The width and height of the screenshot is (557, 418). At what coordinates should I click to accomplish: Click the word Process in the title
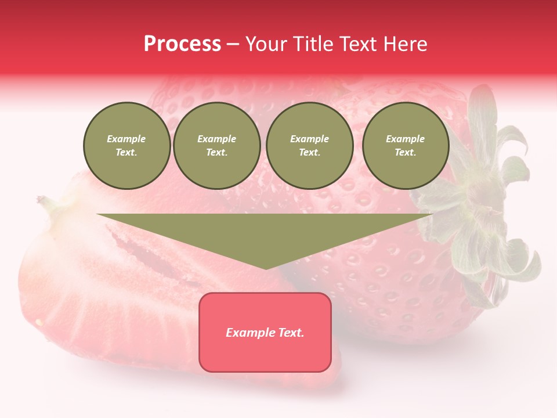click(x=182, y=44)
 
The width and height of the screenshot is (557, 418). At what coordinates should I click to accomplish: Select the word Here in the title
click(x=406, y=44)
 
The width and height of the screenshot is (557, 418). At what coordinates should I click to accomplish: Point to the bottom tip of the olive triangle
click(x=266, y=268)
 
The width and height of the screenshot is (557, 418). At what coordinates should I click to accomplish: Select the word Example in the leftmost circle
click(x=126, y=139)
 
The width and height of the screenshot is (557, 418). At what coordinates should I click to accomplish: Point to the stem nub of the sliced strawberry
click(x=44, y=201)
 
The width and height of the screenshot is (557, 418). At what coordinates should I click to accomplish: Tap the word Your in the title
click(x=265, y=44)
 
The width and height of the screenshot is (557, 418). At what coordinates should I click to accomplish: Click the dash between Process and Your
click(x=233, y=44)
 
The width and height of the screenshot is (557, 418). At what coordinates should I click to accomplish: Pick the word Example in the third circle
click(x=309, y=139)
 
